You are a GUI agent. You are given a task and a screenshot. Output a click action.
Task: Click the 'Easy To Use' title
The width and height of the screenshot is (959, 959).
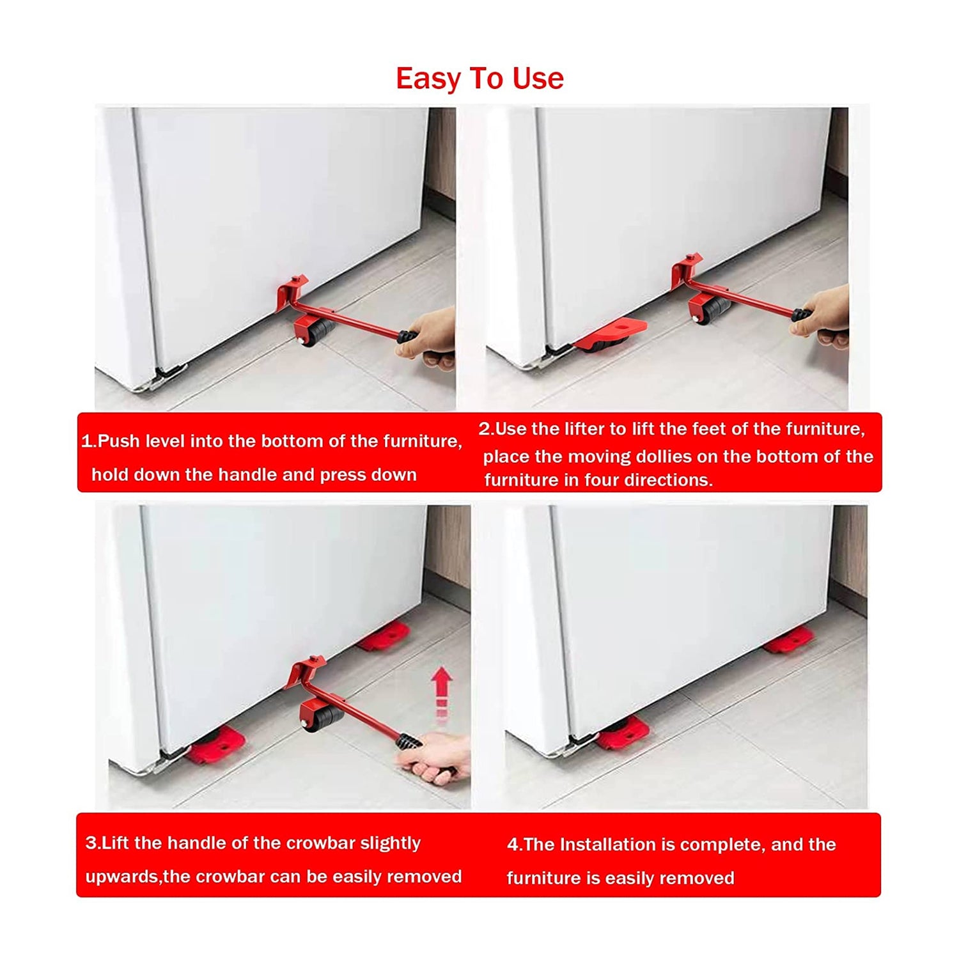click(x=479, y=79)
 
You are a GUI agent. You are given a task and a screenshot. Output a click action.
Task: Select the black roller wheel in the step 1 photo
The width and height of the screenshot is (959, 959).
click(x=316, y=331)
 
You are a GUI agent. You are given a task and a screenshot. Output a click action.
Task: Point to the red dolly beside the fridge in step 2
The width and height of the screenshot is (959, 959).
click(x=611, y=336)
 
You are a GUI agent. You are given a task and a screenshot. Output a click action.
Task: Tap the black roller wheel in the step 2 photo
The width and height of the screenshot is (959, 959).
click(x=713, y=310)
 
